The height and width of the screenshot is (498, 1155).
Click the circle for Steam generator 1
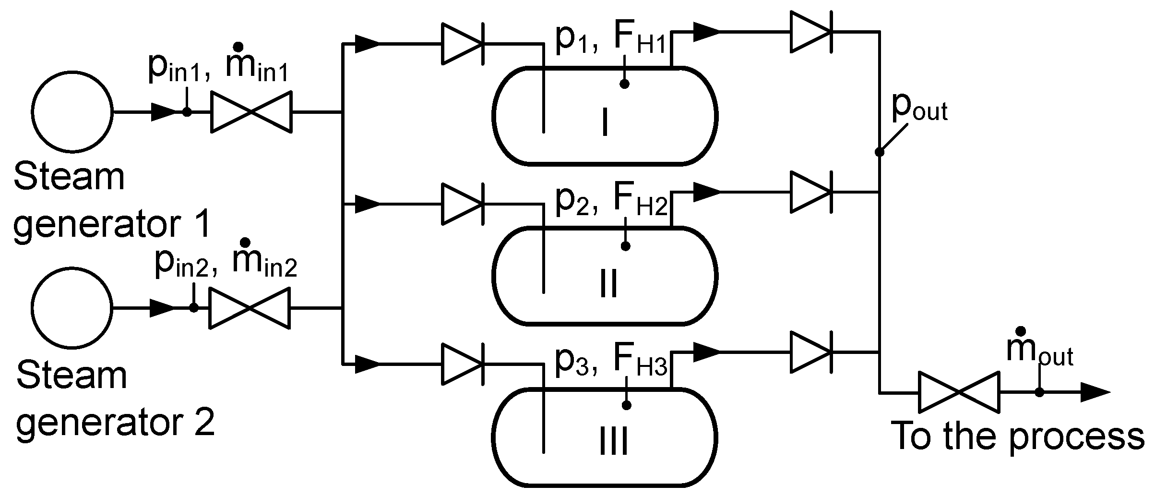click(x=72, y=112)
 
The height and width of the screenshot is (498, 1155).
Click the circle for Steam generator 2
click(x=72, y=308)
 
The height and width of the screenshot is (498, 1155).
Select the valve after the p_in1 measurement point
click(x=251, y=112)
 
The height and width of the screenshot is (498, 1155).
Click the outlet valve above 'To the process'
click(x=959, y=392)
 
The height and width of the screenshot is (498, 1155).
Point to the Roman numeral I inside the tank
click(x=605, y=122)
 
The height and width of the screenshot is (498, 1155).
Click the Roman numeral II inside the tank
click(x=609, y=283)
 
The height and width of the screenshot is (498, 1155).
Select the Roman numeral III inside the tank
click(x=614, y=442)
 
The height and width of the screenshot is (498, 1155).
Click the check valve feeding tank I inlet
click(x=462, y=44)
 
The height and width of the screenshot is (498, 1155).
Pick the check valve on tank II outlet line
click(x=811, y=193)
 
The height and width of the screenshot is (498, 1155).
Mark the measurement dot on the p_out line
click(x=879, y=152)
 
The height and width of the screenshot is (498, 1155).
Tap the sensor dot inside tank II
click(x=625, y=246)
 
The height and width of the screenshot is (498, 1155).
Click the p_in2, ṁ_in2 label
click(x=226, y=264)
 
